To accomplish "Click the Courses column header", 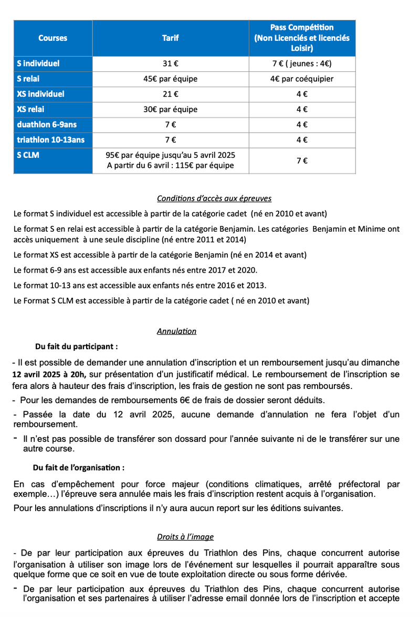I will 52,38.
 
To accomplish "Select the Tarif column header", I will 171,38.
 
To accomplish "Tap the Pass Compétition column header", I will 302,38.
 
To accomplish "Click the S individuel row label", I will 38,63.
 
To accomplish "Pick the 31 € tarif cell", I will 171,64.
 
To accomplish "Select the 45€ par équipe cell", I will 171,79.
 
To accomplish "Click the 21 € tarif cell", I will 171,94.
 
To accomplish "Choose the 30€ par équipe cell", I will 171,110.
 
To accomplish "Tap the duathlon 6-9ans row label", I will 47,125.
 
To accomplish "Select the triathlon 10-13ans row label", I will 50,140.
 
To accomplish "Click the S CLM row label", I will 28,155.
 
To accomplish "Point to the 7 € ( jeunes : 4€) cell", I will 302,64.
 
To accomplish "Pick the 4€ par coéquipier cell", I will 302,79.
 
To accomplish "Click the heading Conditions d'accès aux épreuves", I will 214,198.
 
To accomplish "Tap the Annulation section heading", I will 176,331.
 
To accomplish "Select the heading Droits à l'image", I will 185,537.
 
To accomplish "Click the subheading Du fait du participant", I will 76,347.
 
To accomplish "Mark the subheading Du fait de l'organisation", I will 79,467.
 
